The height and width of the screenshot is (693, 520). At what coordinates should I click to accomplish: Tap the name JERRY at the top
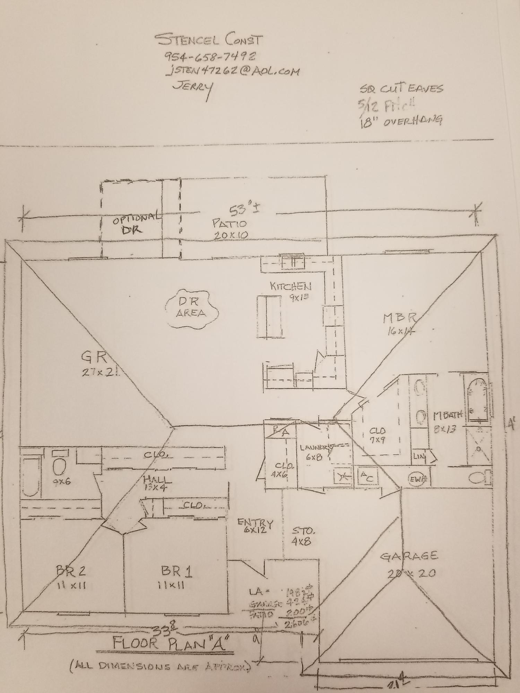pos(193,88)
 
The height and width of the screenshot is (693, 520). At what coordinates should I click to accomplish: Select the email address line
pos(232,71)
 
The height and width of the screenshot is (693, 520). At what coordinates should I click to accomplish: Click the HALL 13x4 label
pos(157,484)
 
